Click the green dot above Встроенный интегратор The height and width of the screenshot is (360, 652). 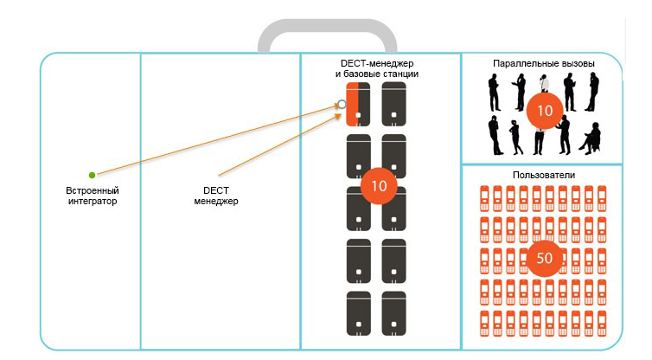pos(92,175)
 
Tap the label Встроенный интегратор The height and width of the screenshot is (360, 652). pos(92,196)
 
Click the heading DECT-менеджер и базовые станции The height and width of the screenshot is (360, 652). pos(377,69)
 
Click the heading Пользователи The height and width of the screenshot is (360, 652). pos(543,175)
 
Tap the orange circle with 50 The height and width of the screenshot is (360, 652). pos(544,258)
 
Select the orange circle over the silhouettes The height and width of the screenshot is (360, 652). pos(544,110)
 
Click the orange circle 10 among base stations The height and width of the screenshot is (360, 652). pos(377,185)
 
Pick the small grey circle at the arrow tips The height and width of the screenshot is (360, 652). pos(342,104)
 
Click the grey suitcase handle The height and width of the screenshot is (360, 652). pos(327,35)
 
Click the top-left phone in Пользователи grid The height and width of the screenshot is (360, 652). pos(484,197)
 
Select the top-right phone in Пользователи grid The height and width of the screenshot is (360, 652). pos(603,197)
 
